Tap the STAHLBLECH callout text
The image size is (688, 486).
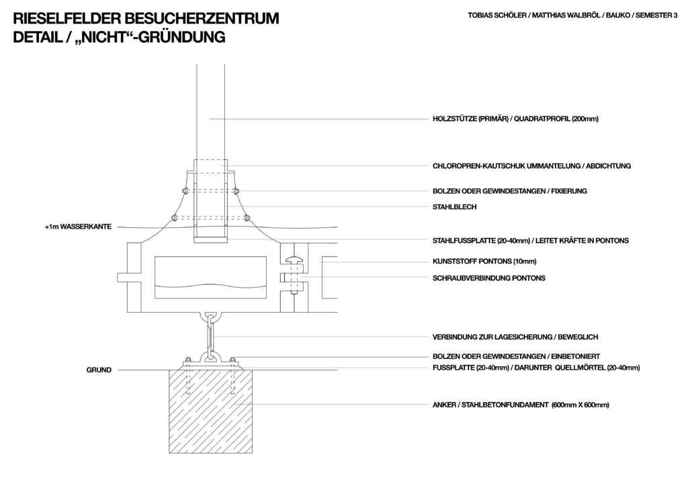pyautogui.click(x=454, y=207)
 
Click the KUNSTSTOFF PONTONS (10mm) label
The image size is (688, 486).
pyautogui.click(x=484, y=261)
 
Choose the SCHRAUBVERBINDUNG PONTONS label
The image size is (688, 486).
pyautogui.click(x=489, y=278)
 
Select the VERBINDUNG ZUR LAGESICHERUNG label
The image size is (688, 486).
pyautogui.click(x=492, y=337)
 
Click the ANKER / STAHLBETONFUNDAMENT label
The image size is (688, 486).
pyautogui.click(x=490, y=405)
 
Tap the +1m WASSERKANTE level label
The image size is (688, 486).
pyautogui.click(x=78, y=227)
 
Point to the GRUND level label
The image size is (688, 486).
pyautogui.click(x=99, y=370)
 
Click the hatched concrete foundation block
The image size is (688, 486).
pyautogui.click(x=210, y=411)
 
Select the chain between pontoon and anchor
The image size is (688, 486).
pyautogui.click(x=210, y=336)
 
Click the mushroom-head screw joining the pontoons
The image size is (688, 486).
pyautogui.click(x=294, y=276)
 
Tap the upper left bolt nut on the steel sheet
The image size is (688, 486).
pyautogui.click(x=183, y=191)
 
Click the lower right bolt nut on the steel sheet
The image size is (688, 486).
pyautogui.click(x=247, y=217)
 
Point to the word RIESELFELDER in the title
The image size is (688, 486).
pyautogui.click(x=67, y=18)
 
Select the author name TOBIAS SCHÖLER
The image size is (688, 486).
pyautogui.click(x=497, y=15)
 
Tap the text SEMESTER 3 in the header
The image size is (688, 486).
pyautogui.click(x=656, y=15)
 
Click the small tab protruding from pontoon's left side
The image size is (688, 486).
pyautogui.click(x=122, y=278)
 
